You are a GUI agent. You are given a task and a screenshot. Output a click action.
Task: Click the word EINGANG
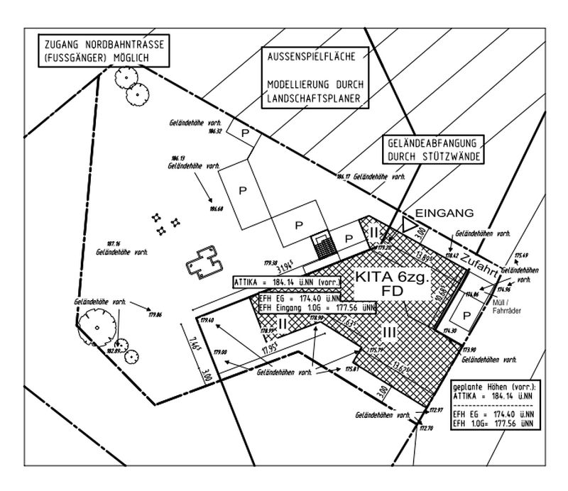[444, 213]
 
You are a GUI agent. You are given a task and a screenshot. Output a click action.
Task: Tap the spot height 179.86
[156, 314]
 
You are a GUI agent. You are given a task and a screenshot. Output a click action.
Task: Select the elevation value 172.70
[426, 429]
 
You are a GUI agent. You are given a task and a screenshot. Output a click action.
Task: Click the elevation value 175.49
[522, 255]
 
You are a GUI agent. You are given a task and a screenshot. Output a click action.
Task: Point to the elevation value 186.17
[344, 176]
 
